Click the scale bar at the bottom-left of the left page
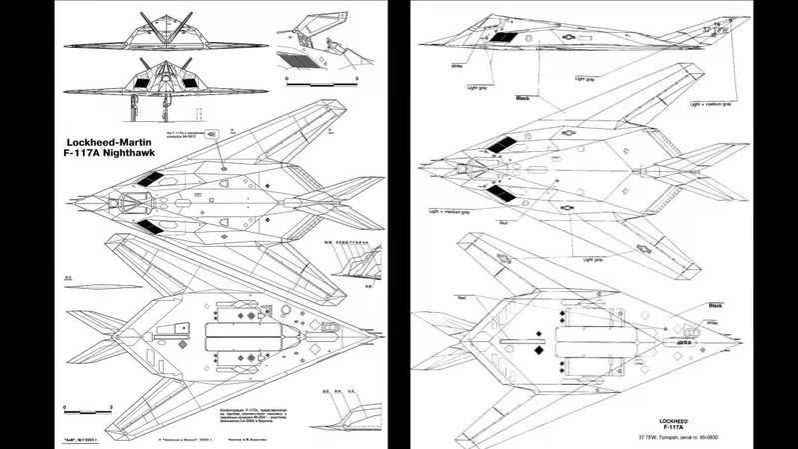[91, 407]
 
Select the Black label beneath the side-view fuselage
[520, 98]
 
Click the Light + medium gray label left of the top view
[448, 213]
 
